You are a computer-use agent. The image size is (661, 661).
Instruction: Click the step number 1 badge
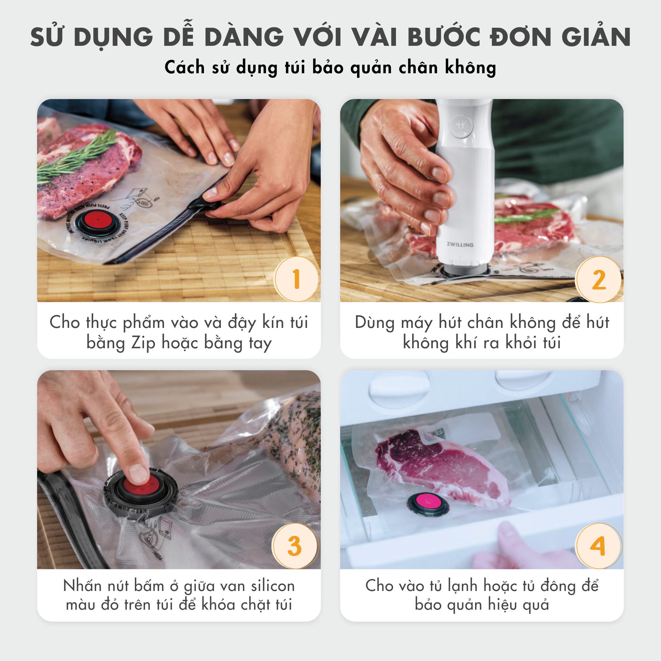[x=297, y=279]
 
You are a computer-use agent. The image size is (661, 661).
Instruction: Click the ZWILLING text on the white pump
[x=460, y=245]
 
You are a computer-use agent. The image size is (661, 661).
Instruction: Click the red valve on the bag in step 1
[x=97, y=220]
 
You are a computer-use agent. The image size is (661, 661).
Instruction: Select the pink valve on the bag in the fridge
[x=428, y=502]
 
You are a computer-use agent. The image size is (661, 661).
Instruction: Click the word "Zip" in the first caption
[x=143, y=343]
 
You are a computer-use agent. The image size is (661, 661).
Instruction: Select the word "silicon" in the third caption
[x=273, y=586]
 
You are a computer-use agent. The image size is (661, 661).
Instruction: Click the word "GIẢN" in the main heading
[x=596, y=37]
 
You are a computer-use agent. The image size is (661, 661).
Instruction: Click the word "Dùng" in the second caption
[x=375, y=323]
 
